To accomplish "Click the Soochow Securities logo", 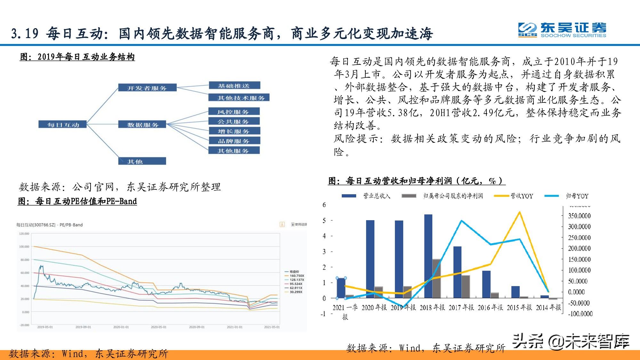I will click(562, 30).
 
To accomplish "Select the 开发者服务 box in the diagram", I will click(147, 88).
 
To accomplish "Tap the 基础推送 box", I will click(234, 85).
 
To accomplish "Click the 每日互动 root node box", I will click(63, 124).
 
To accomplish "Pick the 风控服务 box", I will click(234, 112).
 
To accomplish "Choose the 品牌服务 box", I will click(234, 141).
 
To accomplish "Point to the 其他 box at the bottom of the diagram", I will click(142, 161).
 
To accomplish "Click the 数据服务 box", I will click(142, 124).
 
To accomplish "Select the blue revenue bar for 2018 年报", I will click(428, 256).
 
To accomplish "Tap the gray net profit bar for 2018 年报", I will click(436, 278).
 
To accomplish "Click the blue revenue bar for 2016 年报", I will click(486, 284).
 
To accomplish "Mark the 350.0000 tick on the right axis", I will click(579, 216).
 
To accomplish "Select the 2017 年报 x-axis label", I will click(461, 308).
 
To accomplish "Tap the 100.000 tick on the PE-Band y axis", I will click(24, 247).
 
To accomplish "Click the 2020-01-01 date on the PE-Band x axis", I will click(121, 327).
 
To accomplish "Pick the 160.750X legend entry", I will click(297, 276).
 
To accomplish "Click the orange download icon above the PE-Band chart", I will click(282, 224).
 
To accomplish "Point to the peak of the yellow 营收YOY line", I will click(519, 212).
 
